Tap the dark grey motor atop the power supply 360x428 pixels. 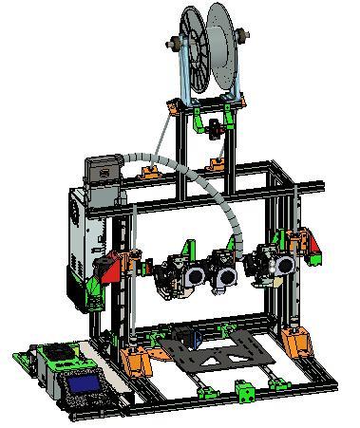tap(102, 170)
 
